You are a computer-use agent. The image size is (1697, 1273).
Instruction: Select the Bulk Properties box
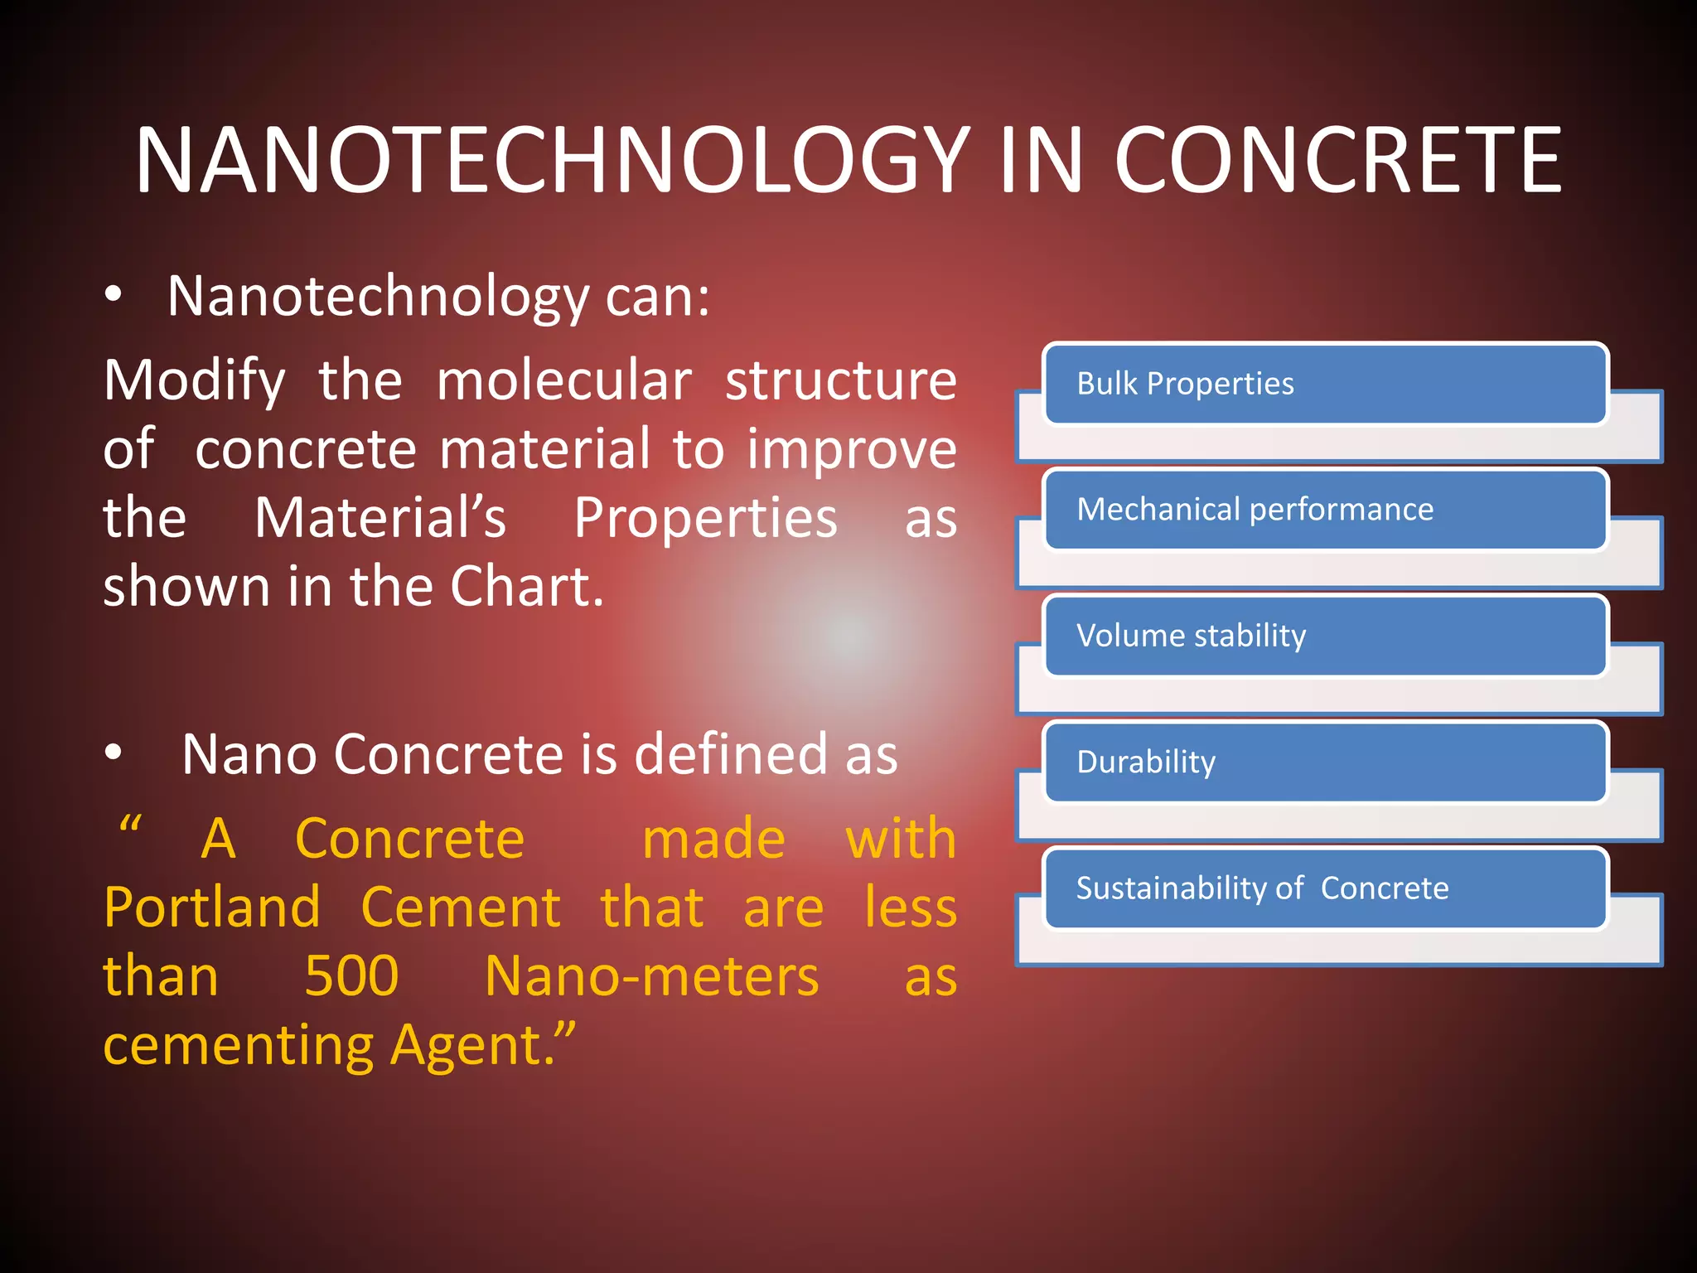click(x=1324, y=384)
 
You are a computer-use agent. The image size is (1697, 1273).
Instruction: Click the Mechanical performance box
click(x=1324, y=510)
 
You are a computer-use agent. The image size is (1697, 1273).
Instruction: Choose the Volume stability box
click(x=1324, y=636)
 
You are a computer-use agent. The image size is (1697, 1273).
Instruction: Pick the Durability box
click(x=1324, y=762)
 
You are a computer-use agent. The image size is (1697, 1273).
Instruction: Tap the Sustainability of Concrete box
click(x=1324, y=888)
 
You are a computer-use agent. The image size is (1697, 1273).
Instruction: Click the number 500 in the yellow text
click(x=351, y=975)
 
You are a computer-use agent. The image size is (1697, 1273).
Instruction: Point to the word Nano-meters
click(x=651, y=975)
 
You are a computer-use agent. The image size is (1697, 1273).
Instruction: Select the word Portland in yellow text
click(x=212, y=907)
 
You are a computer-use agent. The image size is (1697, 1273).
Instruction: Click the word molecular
click(x=563, y=380)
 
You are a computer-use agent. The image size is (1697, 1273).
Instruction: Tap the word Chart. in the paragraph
click(x=527, y=587)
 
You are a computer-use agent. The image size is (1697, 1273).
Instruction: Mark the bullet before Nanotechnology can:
click(x=114, y=294)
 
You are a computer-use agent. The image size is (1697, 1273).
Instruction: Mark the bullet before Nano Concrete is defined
click(x=114, y=753)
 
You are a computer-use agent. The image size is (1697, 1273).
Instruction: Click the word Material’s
click(x=380, y=518)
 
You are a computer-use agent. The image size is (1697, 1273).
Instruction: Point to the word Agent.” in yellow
click(x=482, y=1046)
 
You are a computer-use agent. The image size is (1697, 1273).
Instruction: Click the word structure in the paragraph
click(x=840, y=380)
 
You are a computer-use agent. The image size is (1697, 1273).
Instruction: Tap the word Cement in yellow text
click(x=461, y=907)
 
